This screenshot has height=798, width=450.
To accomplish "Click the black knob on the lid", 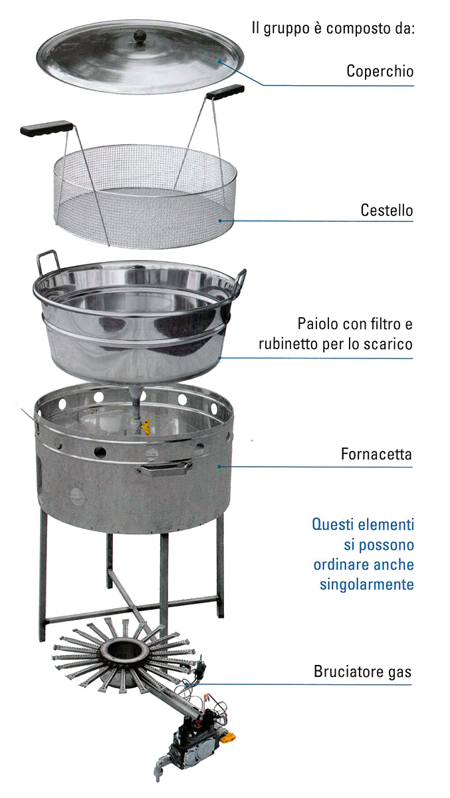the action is pyautogui.click(x=140, y=36).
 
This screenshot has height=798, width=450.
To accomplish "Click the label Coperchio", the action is pyautogui.click(x=380, y=71).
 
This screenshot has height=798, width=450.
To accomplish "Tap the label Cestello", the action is pyautogui.click(x=387, y=210).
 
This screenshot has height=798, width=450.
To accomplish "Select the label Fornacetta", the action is pyautogui.click(x=376, y=454).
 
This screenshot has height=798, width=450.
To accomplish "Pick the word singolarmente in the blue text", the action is pyautogui.click(x=367, y=585).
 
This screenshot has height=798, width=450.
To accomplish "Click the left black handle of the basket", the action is pyautogui.click(x=47, y=128).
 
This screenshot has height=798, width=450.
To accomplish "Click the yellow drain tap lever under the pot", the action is pyautogui.click(x=146, y=427).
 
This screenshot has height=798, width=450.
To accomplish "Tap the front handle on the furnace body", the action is pyautogui.click(x=164, y=468).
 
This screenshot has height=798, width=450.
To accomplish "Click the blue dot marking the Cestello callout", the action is pyautogui.click(x=221, y=221).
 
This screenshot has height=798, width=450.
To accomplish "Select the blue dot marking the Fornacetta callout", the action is pyautogui.click(x=219, y=466).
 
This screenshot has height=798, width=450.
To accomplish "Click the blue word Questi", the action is pyautogui.click(x=332, y=525).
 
